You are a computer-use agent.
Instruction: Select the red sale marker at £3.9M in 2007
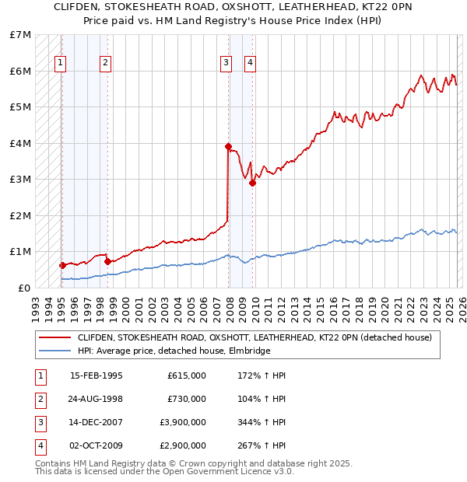click(228, 146)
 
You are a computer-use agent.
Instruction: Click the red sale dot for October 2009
click(252, 183)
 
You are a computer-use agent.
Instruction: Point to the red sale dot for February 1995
click(62, 265)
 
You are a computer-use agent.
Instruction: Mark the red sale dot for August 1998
click(107, 261)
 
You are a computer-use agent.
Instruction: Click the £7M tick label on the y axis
click(20, 35)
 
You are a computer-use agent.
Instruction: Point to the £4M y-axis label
click(20, 143)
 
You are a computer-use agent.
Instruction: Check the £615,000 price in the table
click(186, 375)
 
